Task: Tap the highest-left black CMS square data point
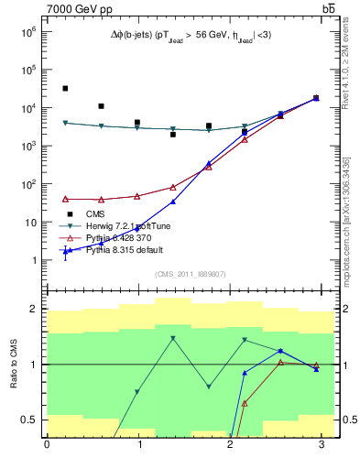tap(65, 89)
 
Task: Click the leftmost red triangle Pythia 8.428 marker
tap(65, 199)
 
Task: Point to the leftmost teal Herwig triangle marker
tap(65, 123)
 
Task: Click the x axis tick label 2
tap(230, 444)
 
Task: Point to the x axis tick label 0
tap(47, 444)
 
